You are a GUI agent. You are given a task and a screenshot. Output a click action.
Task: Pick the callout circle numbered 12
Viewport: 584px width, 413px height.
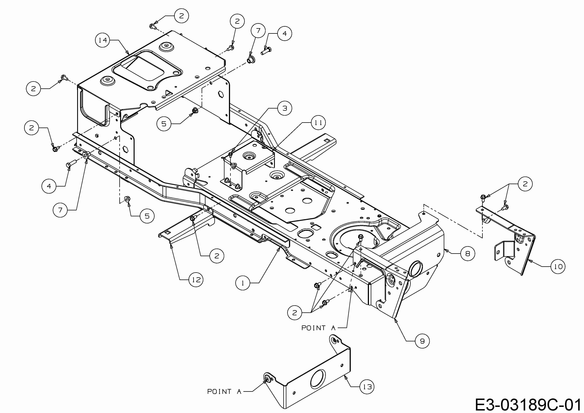click(x=196, y=280)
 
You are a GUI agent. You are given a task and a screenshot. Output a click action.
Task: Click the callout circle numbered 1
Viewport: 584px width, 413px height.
click(x=243, y=283)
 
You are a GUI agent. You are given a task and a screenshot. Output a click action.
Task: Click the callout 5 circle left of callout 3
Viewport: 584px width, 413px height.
click(x=164, y=124)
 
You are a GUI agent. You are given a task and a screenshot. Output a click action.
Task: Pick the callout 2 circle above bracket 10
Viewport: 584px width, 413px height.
click(x=525, y=184)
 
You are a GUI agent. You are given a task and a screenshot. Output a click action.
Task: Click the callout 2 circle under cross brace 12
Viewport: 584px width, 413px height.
click(x=217, y=256)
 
